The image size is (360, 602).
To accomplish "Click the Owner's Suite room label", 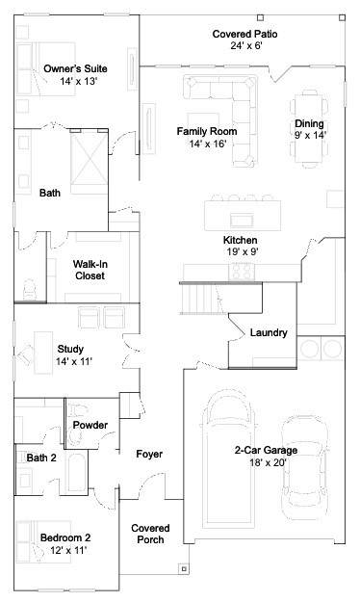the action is point(75,68).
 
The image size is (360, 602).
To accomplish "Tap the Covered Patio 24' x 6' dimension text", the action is point(246,45).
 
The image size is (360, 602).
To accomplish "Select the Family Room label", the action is point(207,131).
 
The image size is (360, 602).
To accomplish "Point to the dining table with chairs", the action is point(309,129).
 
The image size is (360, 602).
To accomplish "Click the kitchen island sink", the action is point(242,221).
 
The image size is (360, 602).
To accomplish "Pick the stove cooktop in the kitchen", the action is point(242,272).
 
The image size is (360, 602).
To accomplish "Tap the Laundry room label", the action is point(269,332).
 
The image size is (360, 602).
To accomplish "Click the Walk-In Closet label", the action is point(90,270).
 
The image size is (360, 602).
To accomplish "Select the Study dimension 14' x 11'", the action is point(74,361).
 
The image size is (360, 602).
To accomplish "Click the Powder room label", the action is point(90,425).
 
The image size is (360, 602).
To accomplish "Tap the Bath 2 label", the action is point(41,458).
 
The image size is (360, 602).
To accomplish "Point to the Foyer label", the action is point(149,455).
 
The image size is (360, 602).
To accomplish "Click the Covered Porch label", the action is point(150,534).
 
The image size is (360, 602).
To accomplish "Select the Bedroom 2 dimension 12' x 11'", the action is point(68,550).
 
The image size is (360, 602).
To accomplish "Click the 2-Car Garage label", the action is point(266,450).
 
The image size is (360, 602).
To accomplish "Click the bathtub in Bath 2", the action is point(76,472).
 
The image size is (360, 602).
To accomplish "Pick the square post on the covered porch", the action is point(184,568).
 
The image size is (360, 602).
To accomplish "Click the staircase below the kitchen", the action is point(203,299).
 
